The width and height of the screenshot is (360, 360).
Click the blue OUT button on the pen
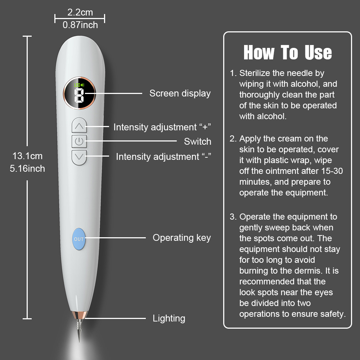[x=79, y=239]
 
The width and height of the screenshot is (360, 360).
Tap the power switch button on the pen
[x=79, y=141]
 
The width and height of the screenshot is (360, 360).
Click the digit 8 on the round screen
[x=79, y=95]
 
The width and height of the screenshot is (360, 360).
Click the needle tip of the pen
[x=80, y=341]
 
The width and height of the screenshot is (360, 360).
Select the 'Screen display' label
[x=180, y=94]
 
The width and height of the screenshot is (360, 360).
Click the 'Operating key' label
[x=181, y=238]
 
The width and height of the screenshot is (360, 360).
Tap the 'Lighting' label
[x=169, y=319]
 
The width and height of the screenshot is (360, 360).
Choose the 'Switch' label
[x=197, y=141]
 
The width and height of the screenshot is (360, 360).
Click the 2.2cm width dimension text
[x=80, y=12]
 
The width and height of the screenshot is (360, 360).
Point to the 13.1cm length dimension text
[x=28, y=156]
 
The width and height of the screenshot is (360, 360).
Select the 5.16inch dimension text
[x=27, y=169]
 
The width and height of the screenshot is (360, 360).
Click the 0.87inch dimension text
[x=80, y=25]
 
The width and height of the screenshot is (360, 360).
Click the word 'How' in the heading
[x=259, y=53]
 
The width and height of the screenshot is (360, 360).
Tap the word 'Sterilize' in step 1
[x=255, y=73]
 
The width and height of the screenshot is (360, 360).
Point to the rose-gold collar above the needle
[x=80, y=315]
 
